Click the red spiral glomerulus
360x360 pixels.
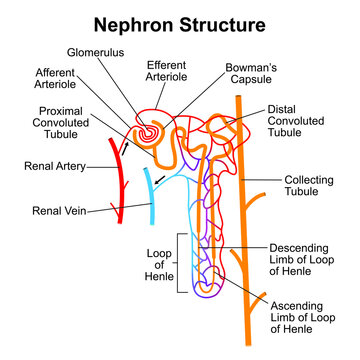148,130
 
